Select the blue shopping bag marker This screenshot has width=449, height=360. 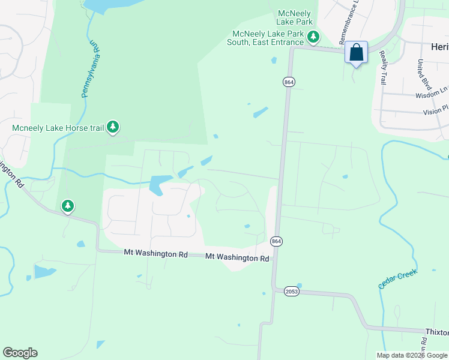(356, 53)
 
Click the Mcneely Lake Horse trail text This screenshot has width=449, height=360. (57, 127)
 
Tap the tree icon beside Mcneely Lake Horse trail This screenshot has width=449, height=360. (113, 127)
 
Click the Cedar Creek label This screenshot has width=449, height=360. (397, 277)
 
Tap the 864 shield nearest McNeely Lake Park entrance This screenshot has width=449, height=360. (289, 81)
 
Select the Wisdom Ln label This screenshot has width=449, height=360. (432, 95)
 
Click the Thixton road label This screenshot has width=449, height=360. (437, 332)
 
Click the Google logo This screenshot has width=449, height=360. (20, 353)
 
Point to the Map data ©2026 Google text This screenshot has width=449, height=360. (411, 355)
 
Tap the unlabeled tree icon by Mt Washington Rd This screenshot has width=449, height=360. (68, 206)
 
